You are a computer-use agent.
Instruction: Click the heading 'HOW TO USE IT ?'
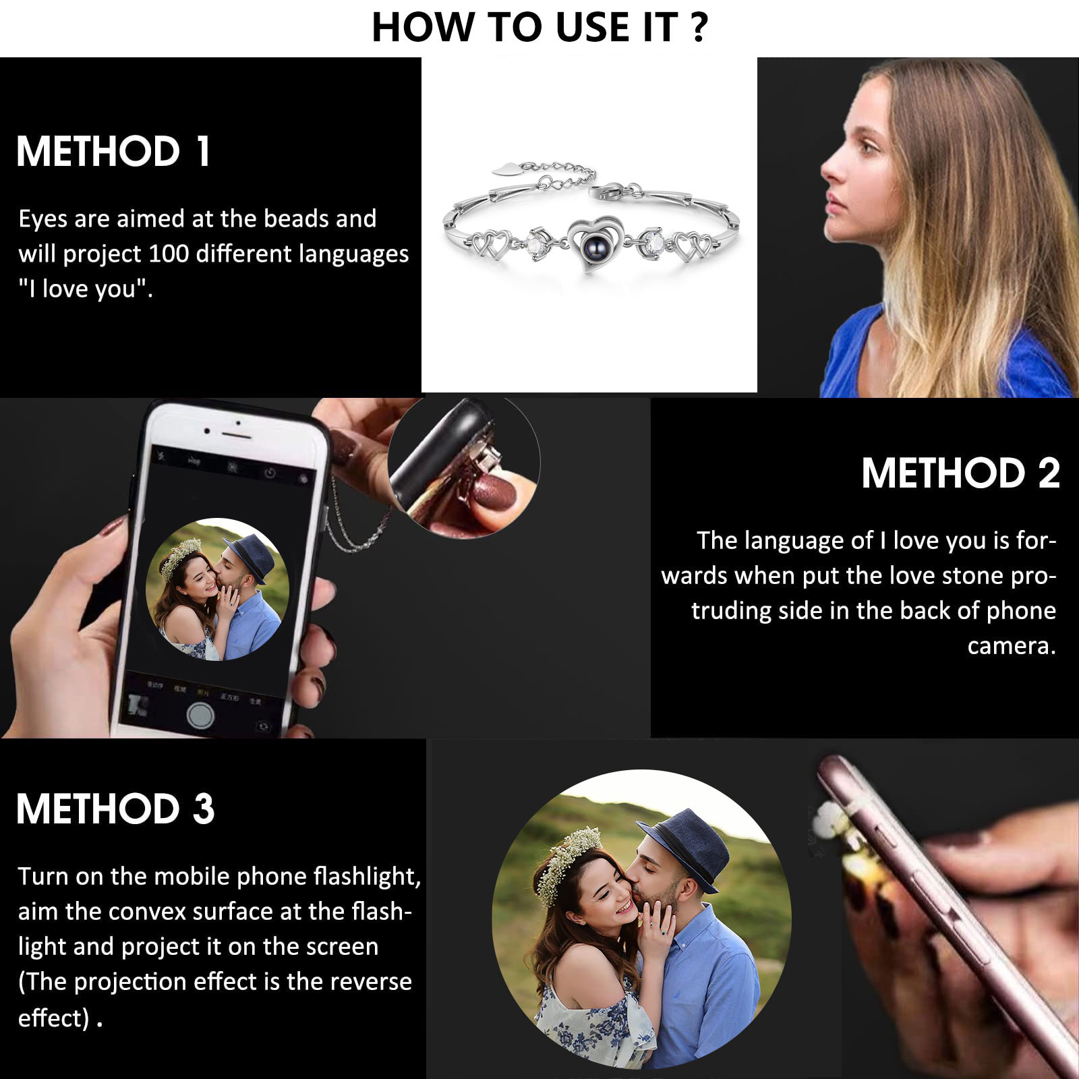[x=539, y=28]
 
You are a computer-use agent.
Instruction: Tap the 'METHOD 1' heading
[x=113, y=151]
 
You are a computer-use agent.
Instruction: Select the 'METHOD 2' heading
[x=960, y=473]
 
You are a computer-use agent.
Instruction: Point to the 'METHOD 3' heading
[x=115, y=809]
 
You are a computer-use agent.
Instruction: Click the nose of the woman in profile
[x=828, y=169]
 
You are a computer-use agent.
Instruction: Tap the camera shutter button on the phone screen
[x=200, y=714]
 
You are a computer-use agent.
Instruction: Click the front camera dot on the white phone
[x=238, y=424]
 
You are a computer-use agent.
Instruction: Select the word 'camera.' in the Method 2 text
[x=1011, y=646]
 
